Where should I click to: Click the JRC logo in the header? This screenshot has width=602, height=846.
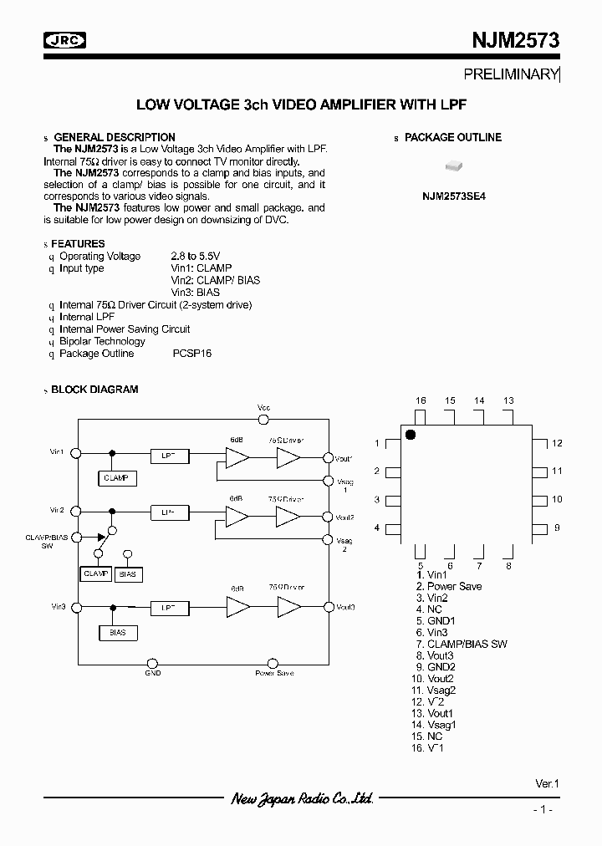coord(64,39)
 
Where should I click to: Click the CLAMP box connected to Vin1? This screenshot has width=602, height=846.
coord(117,478)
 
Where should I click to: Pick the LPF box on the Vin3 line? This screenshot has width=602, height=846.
coord(169,606)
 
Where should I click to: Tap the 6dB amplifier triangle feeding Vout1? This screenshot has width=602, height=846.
coord(237,456)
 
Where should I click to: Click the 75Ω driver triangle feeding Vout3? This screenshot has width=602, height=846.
coord(288,606)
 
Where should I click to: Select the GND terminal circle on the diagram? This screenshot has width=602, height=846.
coord(153,660)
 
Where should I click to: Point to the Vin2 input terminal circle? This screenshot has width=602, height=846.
coord(75,510)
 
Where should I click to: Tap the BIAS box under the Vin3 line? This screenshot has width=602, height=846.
coord(118,633)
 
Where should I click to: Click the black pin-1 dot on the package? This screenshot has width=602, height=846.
coord(411,434)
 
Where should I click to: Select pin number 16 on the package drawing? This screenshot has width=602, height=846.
coord(421,401)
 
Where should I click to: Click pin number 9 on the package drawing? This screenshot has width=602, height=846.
coord(556,527)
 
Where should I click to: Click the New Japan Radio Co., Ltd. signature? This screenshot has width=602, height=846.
coord(301,799)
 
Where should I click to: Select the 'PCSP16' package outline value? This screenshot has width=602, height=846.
coord(192,354)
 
